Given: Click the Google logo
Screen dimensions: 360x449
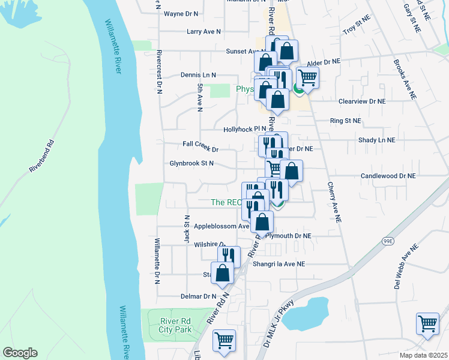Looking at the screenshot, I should [20, 353].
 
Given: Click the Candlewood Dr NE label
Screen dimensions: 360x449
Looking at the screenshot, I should [388, 176].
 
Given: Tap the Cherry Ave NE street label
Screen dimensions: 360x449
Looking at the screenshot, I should [334, 203].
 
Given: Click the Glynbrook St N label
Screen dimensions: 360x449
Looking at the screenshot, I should [191, 163].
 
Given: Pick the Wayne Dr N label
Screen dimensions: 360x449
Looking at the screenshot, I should [181, 13].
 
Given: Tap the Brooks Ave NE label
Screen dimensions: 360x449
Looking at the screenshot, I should [405, 79].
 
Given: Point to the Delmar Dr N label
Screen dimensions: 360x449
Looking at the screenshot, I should [198, 296].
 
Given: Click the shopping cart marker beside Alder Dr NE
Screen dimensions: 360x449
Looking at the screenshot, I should [307, 76].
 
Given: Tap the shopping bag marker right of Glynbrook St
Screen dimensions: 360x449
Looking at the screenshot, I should [291, 170].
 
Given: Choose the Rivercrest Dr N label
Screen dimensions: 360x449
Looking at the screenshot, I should [159, 72].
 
